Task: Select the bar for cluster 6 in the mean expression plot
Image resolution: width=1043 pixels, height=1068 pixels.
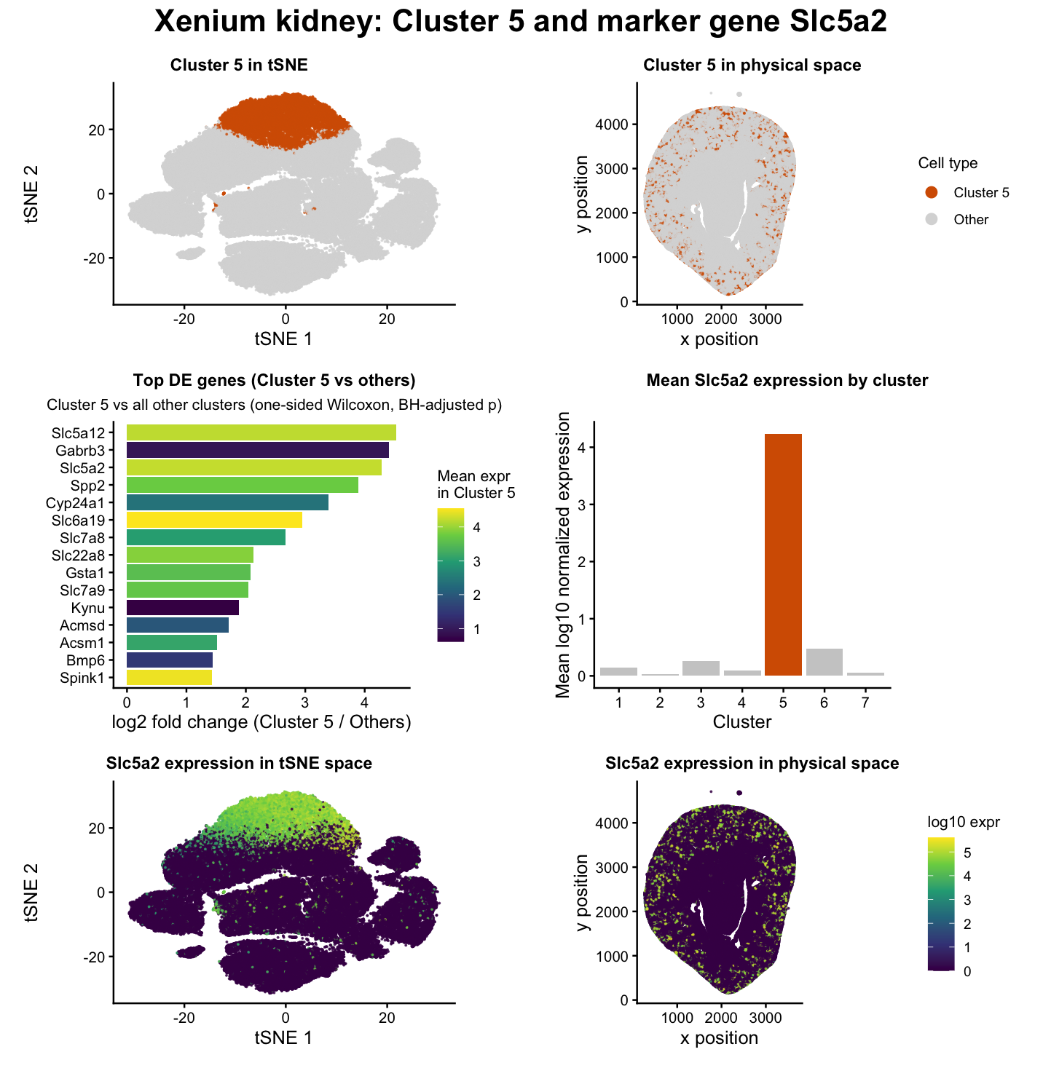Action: (x=824, y=662)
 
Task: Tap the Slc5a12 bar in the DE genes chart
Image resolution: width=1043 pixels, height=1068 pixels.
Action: (x=261, y=432)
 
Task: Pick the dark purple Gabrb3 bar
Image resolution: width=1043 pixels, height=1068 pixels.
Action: (x=257, y=451)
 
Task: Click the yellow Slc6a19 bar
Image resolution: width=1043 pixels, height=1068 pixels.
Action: (x=214, y=520)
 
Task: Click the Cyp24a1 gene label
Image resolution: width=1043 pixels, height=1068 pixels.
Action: (x=79, y=503)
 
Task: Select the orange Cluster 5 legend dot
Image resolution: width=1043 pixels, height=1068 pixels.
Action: (x=931, y=192)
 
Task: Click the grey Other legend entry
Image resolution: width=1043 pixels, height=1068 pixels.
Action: (x=970, y=220)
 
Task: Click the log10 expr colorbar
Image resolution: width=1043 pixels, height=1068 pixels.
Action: (x=940, y=903)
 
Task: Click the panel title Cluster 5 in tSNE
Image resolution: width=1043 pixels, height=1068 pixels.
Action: (x=239, y=66)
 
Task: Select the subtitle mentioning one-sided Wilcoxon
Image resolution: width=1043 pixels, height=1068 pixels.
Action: (x=274, y=405)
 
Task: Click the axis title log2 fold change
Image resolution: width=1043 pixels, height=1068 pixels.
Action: (x=261, y=722)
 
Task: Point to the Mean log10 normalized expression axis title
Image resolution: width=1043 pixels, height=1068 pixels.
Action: (x=563, y=555)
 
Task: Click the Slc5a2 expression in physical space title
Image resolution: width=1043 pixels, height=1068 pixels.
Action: (x=752, y=763)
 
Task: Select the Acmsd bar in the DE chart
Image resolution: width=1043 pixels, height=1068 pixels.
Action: (x=177, y=625)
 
